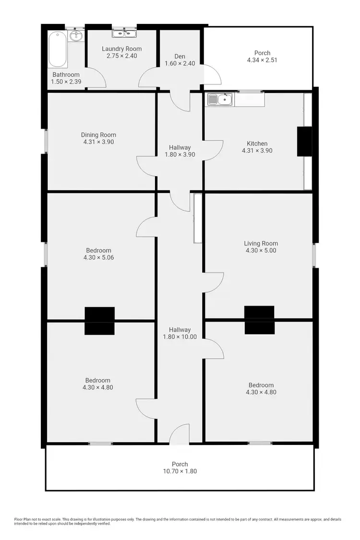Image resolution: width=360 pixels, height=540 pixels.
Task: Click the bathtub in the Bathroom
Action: tap(58, 49)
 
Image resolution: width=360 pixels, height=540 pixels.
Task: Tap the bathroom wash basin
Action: tap(76, 36)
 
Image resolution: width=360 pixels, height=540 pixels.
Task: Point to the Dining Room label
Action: tap(98, 135)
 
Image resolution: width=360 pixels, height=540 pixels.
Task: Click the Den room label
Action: tap(180, 56)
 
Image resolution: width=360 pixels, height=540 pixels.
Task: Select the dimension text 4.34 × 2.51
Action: tap(262, 60)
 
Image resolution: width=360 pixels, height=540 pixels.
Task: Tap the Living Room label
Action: tap(261, 243)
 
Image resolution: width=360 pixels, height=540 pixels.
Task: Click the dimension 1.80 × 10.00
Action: tap(180, 336)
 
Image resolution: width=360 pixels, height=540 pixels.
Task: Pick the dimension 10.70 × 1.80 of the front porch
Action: tap(180, 471)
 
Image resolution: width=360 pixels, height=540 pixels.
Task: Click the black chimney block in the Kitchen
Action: tap(304, 141)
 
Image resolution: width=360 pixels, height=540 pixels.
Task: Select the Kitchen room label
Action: tap(257, 144)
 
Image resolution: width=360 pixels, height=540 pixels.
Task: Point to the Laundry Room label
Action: tap(122, 49)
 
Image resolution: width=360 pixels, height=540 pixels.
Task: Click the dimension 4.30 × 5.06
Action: tap(98, 257)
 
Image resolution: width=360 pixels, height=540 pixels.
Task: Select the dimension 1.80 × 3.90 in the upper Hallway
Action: tap(180, 155)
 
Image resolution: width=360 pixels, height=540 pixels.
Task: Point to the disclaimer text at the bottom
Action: tap(178, 521)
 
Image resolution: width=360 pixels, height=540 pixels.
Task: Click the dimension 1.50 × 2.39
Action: tap(66, 82)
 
